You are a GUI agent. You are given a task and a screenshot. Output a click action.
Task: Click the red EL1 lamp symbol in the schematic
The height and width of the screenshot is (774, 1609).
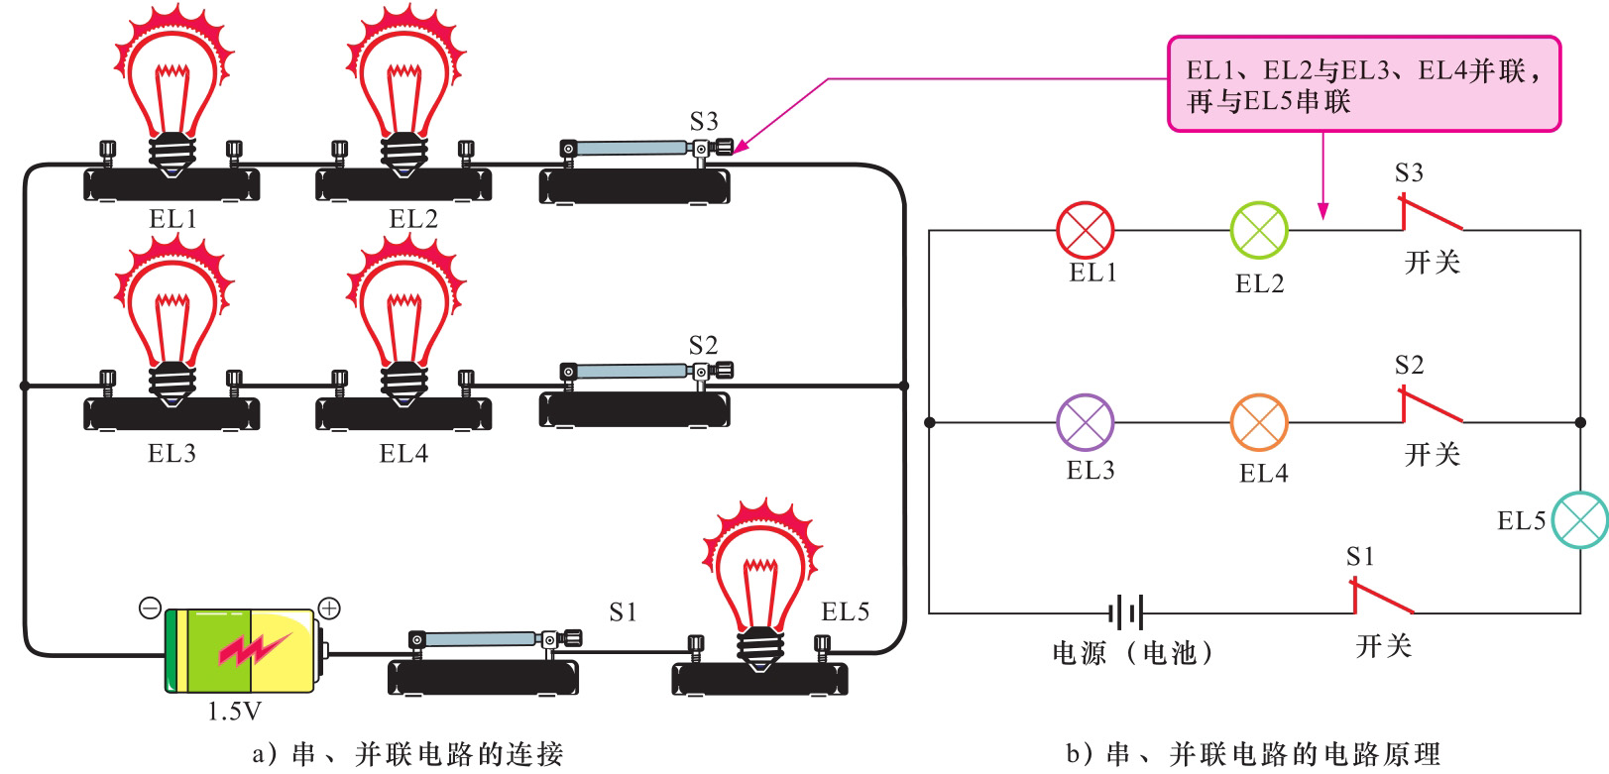(x=1086, y=230)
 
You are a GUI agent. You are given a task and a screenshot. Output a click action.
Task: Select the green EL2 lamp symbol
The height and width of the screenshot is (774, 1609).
(x=1259, y=230)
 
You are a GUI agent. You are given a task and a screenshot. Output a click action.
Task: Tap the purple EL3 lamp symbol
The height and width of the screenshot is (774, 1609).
(x=1086, y=422)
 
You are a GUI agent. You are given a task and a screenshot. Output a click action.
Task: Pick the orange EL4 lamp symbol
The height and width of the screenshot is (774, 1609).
(x=1259, y=422)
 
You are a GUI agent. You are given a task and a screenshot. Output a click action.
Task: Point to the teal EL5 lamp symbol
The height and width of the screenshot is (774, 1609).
(x=1580, y=519)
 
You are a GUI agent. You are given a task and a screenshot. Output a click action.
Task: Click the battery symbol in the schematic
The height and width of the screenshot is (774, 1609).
(x=1127, y=612)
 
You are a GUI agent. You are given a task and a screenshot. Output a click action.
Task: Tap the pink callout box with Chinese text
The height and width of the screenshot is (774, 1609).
(x=1364, y=84)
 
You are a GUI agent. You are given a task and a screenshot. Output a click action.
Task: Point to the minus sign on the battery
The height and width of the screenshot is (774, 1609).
(x=150, y=608)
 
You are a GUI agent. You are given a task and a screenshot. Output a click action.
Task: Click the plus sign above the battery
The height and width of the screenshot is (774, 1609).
(x=329, y=608)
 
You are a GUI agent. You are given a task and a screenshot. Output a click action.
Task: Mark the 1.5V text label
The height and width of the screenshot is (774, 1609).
(x=235, y=711)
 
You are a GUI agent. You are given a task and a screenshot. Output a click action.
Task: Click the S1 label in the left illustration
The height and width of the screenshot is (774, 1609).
(x=623, y=612)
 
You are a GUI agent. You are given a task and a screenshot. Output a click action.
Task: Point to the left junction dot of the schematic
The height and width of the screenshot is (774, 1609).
(x=930, y=422)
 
